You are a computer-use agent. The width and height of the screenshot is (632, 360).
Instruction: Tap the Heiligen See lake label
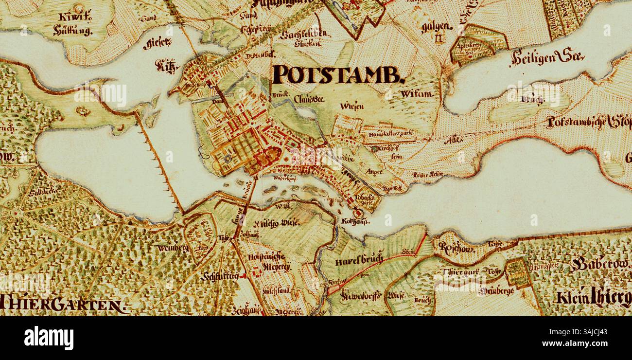547,58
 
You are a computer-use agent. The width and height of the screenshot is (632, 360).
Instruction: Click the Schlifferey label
220,277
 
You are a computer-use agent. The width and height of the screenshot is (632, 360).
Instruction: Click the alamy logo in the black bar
49,338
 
